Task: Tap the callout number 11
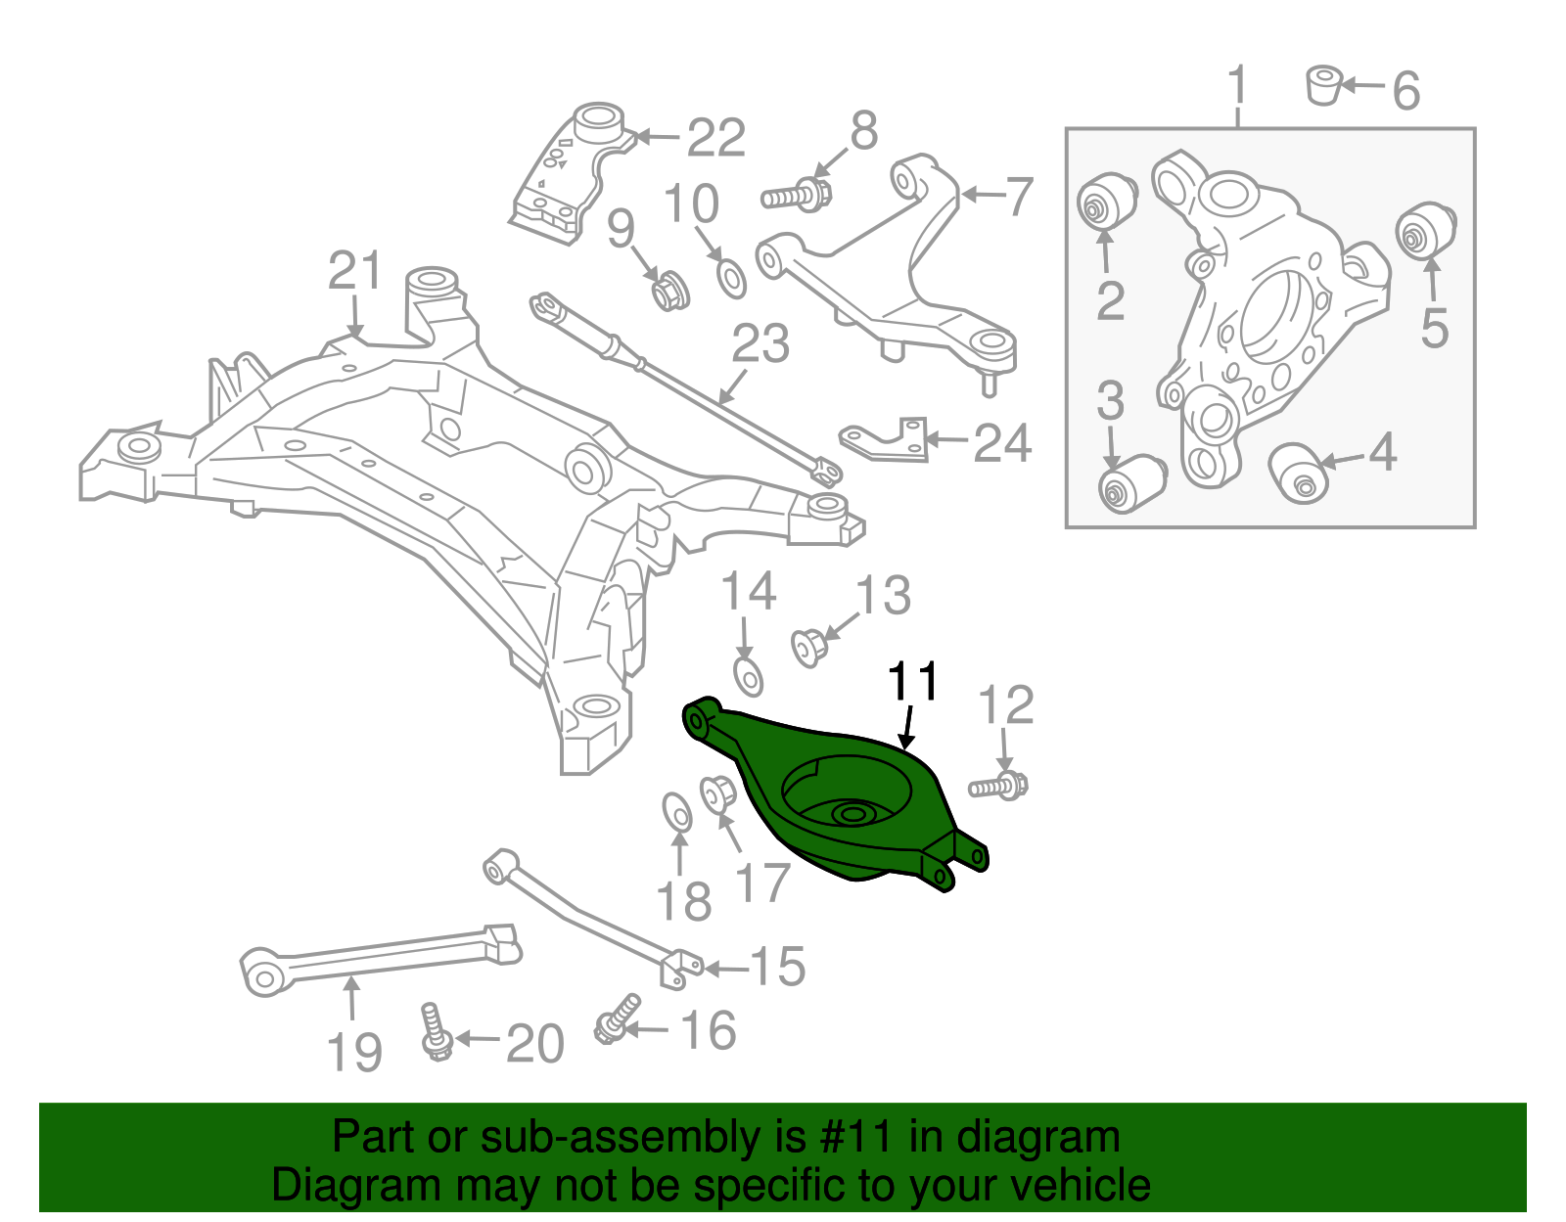912,682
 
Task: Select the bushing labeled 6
1324,84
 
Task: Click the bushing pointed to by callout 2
1106,203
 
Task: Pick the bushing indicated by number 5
1425,230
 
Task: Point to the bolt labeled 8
795,195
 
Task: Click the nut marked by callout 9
670,290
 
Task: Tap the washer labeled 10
731,278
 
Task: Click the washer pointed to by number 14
749,676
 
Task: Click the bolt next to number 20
432,1031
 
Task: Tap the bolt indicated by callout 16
616,1020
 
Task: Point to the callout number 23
760,344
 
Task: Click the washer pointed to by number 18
676,813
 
